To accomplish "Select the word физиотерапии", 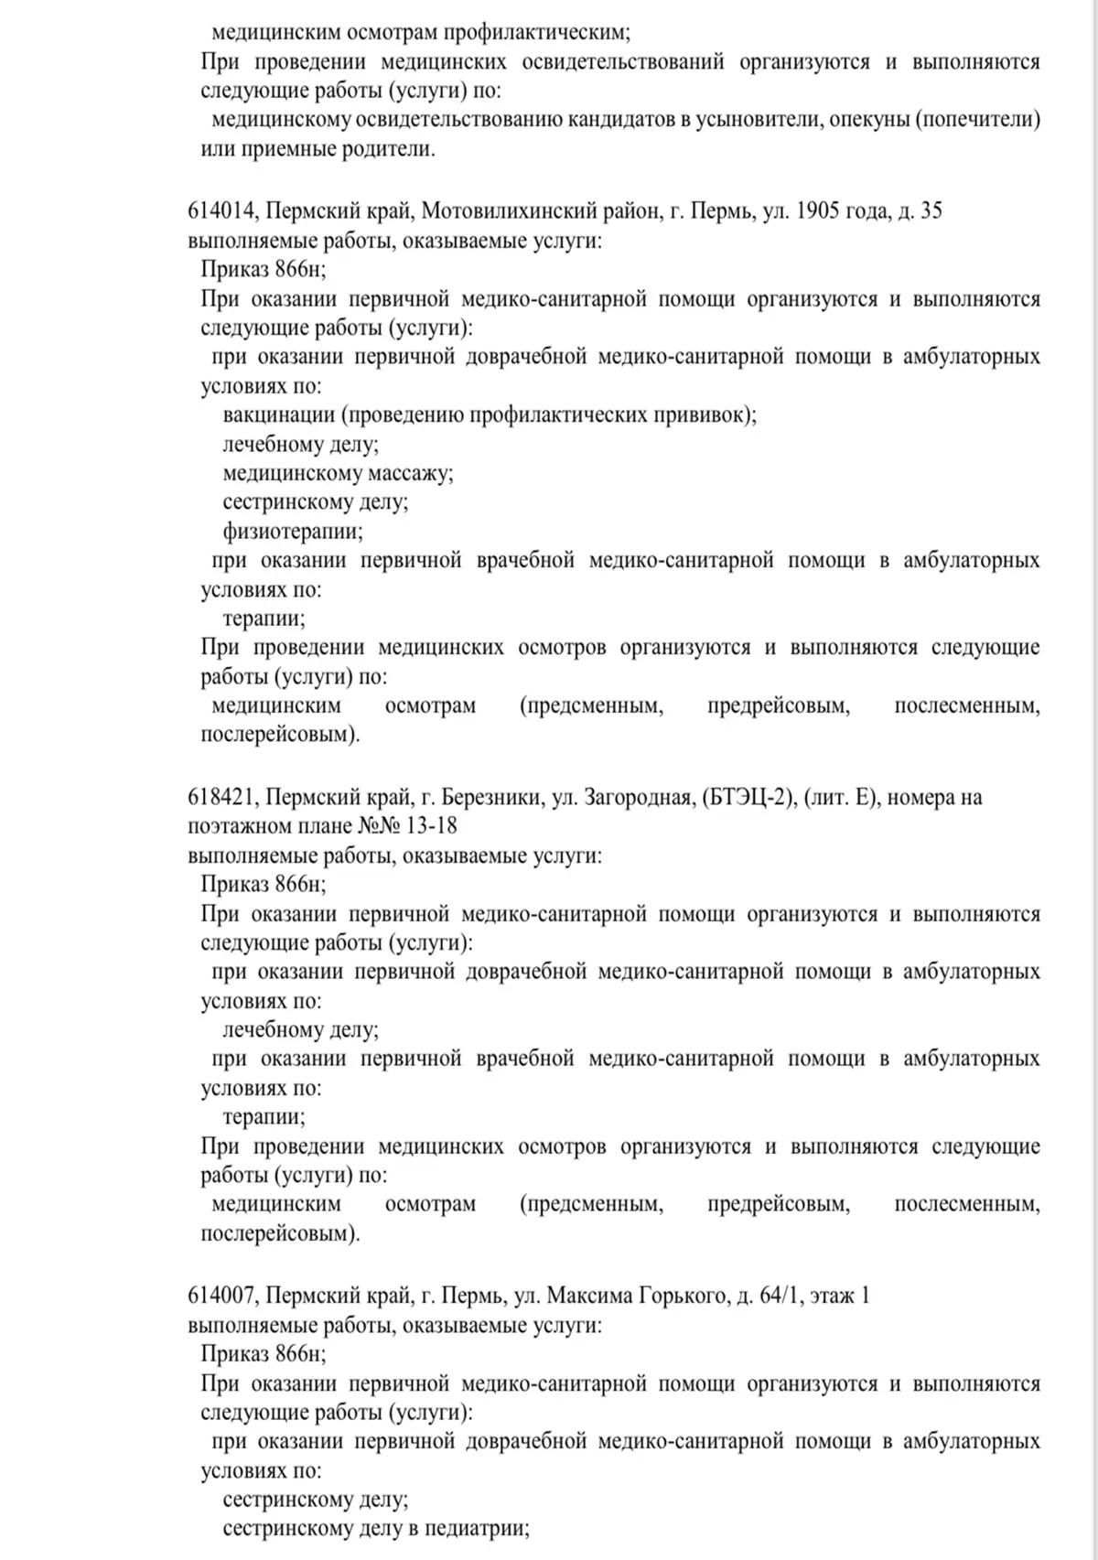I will pos(292,532).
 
